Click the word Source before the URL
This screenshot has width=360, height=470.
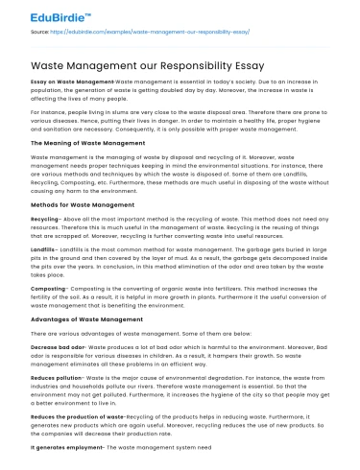click(40, 32)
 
